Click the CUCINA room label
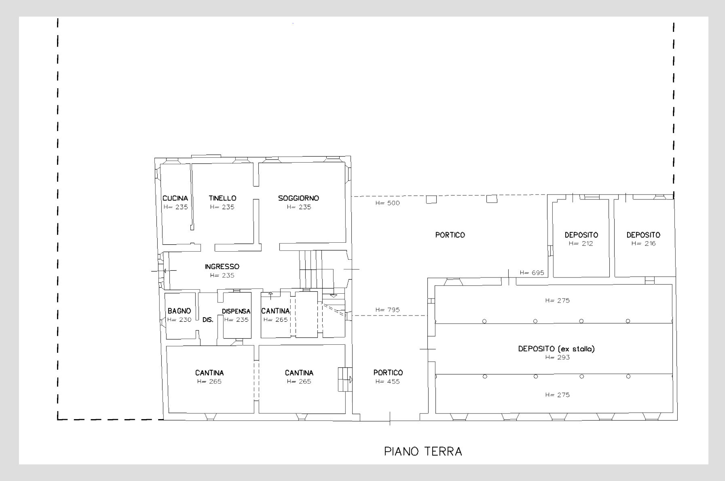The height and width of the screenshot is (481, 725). (175, 198)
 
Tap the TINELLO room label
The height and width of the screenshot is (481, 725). (222, 198)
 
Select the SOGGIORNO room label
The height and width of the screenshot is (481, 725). (298, 198)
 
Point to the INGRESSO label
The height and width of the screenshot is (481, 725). (222, 267)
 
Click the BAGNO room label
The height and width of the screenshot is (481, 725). (179, 311)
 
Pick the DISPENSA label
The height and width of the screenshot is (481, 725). (236, 311)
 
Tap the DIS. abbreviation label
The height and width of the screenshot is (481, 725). (208, 320)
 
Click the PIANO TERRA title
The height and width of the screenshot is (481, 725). (423, 451)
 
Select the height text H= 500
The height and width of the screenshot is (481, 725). (387, 203)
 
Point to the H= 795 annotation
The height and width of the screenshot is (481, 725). (387, 310)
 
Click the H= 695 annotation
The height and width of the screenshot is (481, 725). (532, 273)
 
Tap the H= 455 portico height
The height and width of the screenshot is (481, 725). (387, 381)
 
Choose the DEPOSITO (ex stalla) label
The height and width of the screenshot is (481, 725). (556, 349)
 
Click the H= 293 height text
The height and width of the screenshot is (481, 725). (557, 357)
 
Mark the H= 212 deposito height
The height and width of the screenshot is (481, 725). (581, 244)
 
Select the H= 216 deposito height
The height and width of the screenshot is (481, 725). (643, 244)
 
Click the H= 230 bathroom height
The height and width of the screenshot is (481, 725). (179, 320)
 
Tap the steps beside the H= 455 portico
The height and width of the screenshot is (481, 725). (345, 379)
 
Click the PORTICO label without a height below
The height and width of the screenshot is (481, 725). (450, 235)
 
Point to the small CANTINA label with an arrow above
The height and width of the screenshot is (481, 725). (275, 311)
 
